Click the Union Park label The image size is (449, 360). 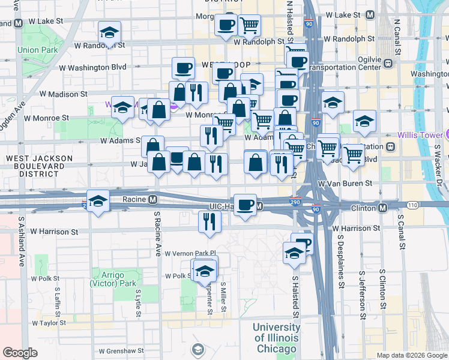pyautogui.click(x=37, y=50)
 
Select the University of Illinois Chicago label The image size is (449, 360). pyautogui.click(x=276, y=338)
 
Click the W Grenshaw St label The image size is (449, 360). pyautogui.click(x=121, y=350)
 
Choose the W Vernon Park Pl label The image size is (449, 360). pyautogui.click(x=190, y=253)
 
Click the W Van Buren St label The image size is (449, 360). pyautogui.click(x=345, y=182)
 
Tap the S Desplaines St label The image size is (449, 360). pyautogui.click(x=340, y=264)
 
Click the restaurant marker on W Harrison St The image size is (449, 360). pyautogui.click(x=210, y=221)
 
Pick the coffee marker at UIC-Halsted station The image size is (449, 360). pyautogui.click(x=245, y=205)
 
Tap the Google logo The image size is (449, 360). pyautogui.click(x=20, y=353)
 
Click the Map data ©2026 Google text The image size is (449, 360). pyautogui.click(x=411, y=355)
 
